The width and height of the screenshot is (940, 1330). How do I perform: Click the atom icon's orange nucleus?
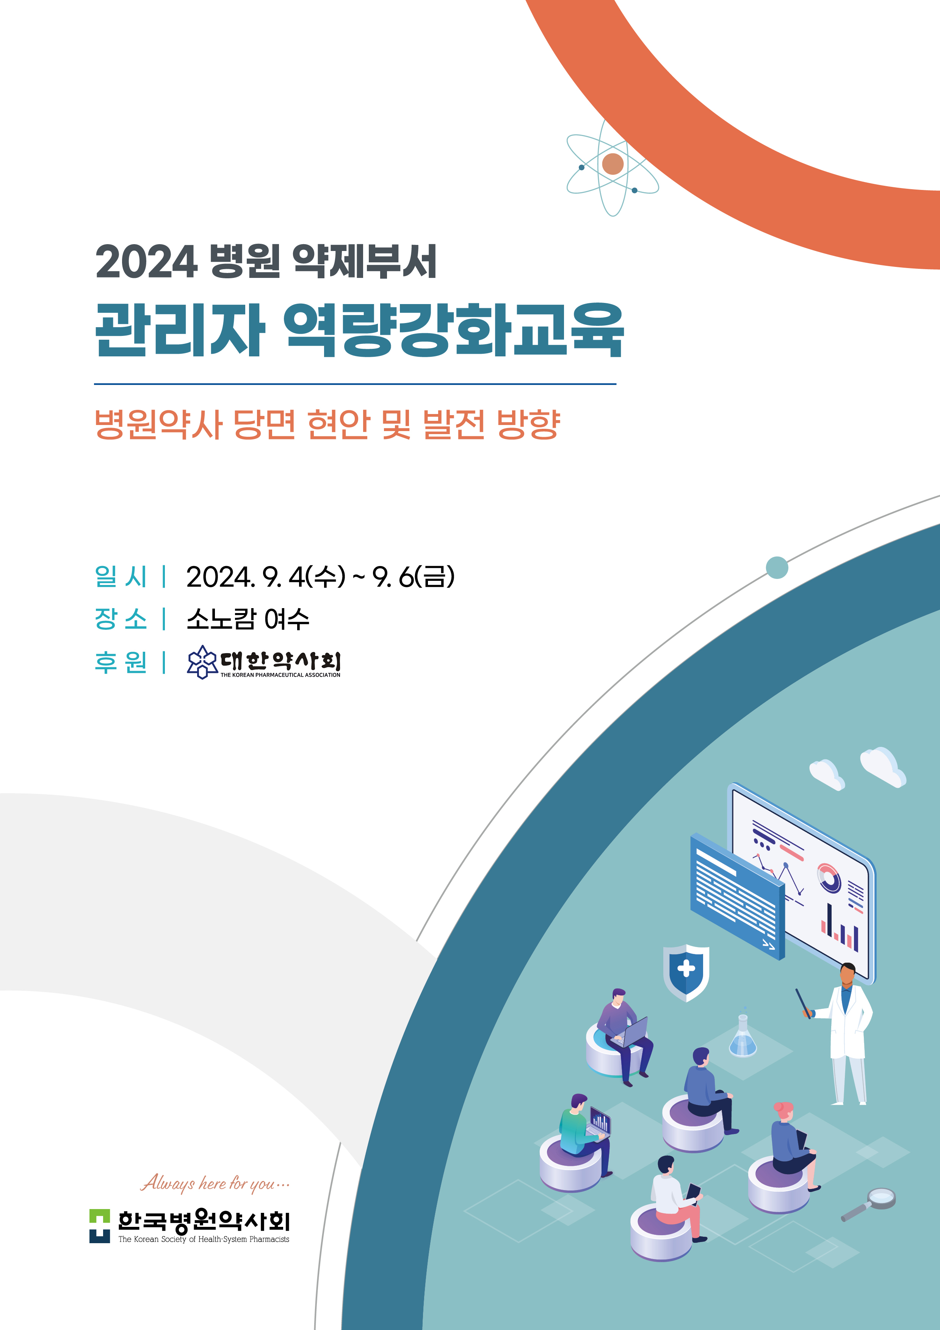coord(613,164)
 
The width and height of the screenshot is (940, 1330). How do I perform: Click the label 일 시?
coord(121,576)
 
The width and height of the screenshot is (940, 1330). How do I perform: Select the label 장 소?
coord(121,619)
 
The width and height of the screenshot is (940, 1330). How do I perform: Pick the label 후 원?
coord(121,662)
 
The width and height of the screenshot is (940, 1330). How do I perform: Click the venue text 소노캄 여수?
coord(248,619)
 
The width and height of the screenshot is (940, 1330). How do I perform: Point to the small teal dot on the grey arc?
coord(777,567)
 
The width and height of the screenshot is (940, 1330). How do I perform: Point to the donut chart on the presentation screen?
coord(829,878)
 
